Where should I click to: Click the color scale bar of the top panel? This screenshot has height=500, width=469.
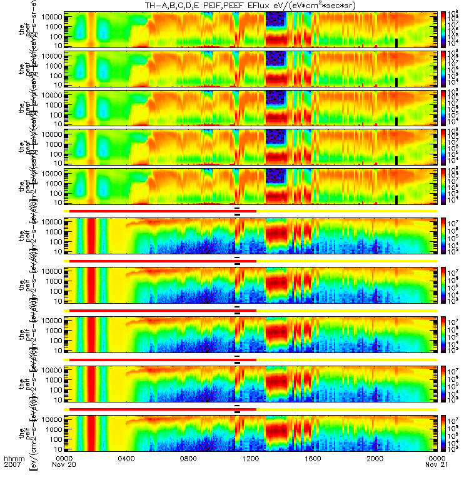(x=445, y=29)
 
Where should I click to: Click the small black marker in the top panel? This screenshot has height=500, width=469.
(x=396, y=42)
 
